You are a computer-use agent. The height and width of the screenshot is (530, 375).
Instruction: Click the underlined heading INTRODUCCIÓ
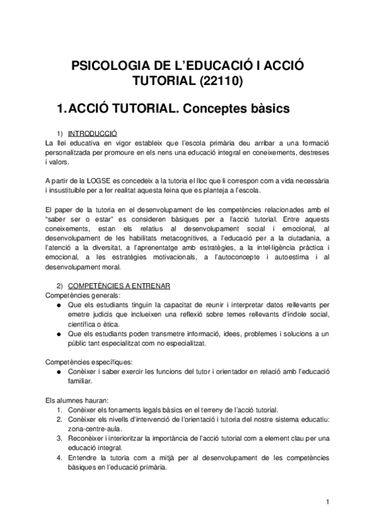click(91, 133)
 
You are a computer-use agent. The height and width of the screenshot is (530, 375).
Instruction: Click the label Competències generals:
click(70, 295)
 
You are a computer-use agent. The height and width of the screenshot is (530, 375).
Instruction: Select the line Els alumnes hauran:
click(63, 399)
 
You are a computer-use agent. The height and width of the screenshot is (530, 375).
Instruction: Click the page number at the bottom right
click(327, 502)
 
